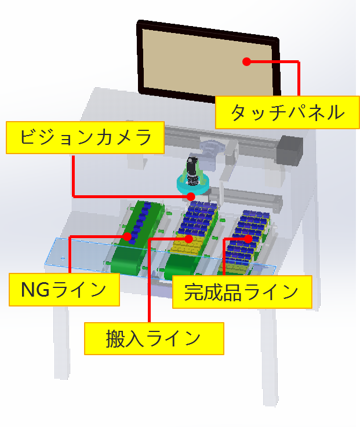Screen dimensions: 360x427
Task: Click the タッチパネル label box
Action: (288, 112)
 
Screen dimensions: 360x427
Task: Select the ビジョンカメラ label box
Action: (85, 137)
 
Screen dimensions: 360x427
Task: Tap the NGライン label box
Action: (64, 290)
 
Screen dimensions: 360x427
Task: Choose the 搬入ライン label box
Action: (154, 338)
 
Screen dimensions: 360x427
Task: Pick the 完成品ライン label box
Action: (242, 292)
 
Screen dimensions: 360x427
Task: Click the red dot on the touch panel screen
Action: (246, 61)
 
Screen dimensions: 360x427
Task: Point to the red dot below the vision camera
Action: (191, 196)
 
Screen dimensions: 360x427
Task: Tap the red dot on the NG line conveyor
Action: (127, 236)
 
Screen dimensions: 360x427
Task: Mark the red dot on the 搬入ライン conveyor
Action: (188, 239)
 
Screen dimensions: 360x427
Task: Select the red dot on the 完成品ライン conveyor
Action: (248, 239)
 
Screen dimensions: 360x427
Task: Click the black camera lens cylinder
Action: (192, 171)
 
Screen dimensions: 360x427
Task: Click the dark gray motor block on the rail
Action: (290, 150)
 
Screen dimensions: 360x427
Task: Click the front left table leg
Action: (61, 342)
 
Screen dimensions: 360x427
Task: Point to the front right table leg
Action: (270, 357)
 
